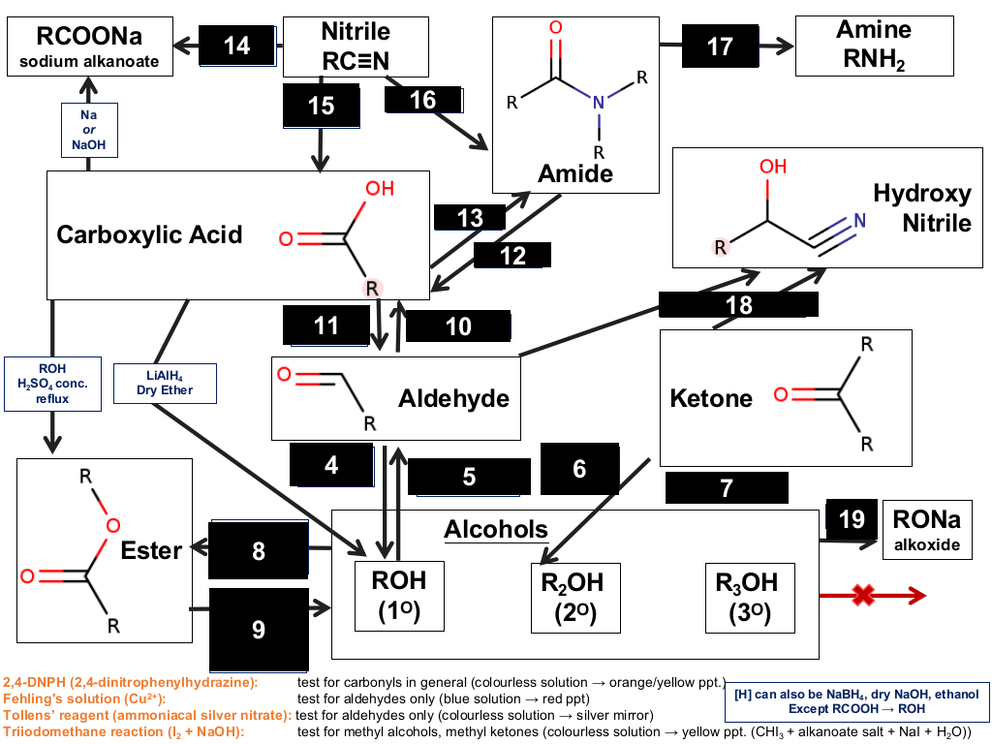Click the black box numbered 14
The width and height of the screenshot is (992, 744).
pyautogui.click(x=237, y=46)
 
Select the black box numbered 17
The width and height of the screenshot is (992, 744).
pyautogui.click(x=720, y=46)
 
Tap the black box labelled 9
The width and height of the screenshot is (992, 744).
pyautogui.click(x=259, y=630)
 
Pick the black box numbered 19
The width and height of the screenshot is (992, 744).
pyautogui.click(x=852, y=519)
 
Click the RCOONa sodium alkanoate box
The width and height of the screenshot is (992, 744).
pyautogui.click(x=90, y=46)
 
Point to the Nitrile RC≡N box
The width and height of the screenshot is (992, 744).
pyautogui.click(x=356, y=46)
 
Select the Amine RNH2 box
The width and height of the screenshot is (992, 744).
pyautogui.click(x=875, y=46)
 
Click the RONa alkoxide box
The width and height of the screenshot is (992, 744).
pyautogui.click(x=927, y=530)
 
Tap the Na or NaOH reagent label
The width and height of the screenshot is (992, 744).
pyautogui.click(x=89, y=130)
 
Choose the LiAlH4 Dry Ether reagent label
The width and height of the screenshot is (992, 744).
pyautogui.click(x=165, y=384)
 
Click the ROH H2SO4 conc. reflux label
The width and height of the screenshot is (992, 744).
pyautogui.click(x=52, y=384)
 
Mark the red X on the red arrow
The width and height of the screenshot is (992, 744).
pyautogui.click(x=863, y=595)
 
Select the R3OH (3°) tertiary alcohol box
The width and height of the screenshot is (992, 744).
pyautogui.click(x=751, y=598)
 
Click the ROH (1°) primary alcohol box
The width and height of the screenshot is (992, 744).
pyautogui.click(x=399, y=596)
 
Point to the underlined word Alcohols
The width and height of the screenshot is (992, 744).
pyautogui.click(x=496, y=530)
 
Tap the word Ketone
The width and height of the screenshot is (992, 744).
pyautogui.click(x=711, y=398)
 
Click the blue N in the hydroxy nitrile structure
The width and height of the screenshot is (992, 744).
pyautogui.click(x=860, y=220)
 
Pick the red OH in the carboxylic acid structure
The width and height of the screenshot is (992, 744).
pyautogui.click(x=380, y=189)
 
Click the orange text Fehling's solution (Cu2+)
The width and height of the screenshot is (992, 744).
pyautogui.click(x=84, y=698)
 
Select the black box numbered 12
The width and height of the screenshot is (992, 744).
pyautogui.click(x=512, y=256)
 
